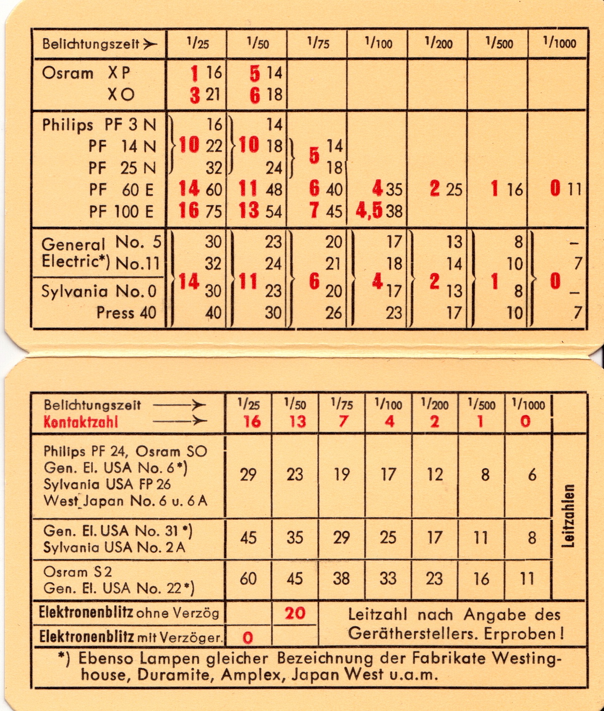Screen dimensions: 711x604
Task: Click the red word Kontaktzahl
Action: pos(81,421)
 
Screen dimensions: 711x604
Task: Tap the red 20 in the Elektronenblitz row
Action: pos(294,613)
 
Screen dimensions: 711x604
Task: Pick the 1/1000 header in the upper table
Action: pos(559,43)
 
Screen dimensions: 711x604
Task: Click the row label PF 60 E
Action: pos(121,190)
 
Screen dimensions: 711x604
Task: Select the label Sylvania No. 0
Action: pos(99,291)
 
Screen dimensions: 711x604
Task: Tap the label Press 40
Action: pos(126,313)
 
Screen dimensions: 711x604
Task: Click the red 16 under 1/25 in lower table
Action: pos(252,421)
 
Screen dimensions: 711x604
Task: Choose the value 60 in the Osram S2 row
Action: pos(248,579)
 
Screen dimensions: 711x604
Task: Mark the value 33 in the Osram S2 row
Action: pos(388,579)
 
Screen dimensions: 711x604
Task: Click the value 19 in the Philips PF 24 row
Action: pos(341,475)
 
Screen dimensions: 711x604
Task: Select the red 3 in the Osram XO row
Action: pos(195,95)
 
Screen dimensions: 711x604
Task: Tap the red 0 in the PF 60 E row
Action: pos(555,189)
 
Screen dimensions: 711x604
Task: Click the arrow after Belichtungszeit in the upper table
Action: pos(149,44)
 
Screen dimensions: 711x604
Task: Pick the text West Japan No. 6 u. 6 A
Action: pos(125,501)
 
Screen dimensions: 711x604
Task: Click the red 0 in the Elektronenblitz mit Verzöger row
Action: pos(248,638)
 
